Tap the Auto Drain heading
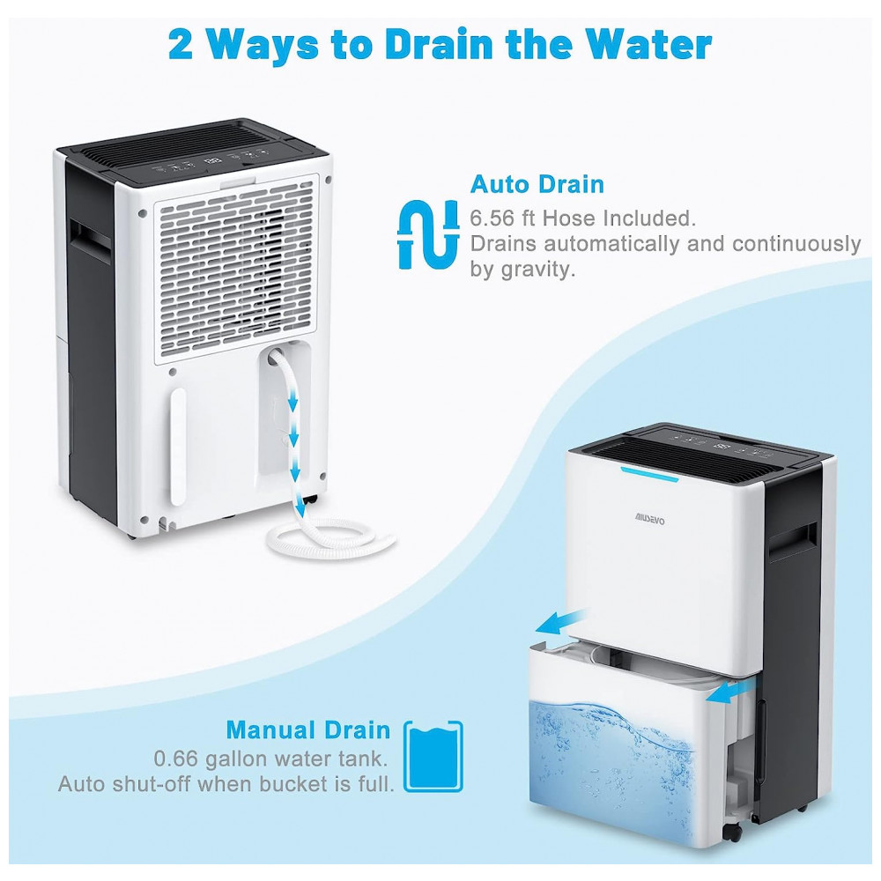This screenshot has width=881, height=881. (x=537, y=184)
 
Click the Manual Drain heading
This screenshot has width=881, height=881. (x=307, y=729)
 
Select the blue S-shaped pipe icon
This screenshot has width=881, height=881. (x=428, y=233)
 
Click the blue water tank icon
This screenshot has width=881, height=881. (x=433, y=756)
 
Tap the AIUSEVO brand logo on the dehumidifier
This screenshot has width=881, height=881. (x=650, y=519)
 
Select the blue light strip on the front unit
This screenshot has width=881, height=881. (x=649, y=474)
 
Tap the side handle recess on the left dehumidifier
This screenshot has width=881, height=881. (x=90, y=240)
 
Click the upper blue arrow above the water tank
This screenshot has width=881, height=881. (x=561, y=621)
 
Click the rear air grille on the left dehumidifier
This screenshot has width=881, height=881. (x=235, y=269)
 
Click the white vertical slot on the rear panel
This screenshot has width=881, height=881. (x=178, y=446)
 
